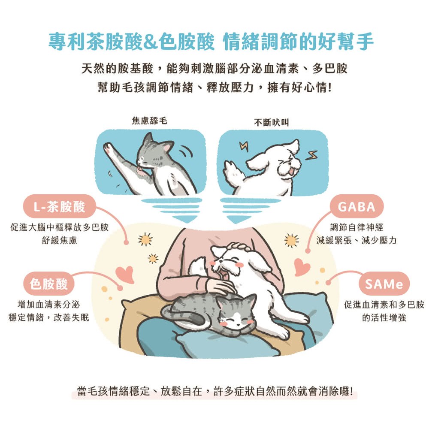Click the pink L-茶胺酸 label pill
(x=60, y=206)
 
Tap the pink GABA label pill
(x=356, y=206)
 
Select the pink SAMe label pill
(x=384, y=284)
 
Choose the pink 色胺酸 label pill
(x=49, y=284)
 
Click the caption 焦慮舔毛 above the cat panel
(x=149, y=121)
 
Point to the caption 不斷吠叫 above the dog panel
(x=271, y=122)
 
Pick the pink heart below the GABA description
(x=302, y=267)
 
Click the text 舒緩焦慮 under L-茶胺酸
(x=59, y=240)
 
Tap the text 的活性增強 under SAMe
(x=384, y=317)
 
